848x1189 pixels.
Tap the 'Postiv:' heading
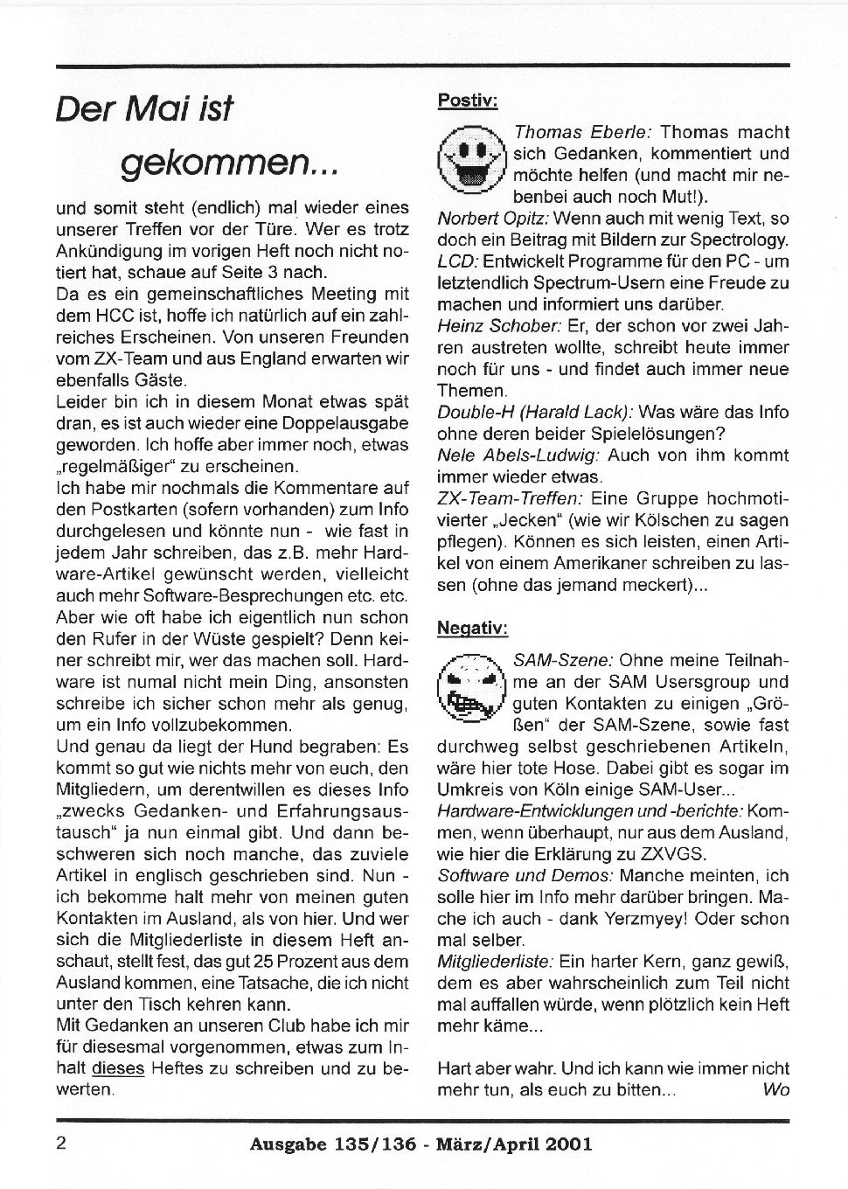coord(467,101)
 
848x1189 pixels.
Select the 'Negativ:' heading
coord(472,628)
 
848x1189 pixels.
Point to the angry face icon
coord(471,686)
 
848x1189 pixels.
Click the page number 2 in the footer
coord(62,1143)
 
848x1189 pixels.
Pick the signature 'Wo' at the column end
coord(775,1089)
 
